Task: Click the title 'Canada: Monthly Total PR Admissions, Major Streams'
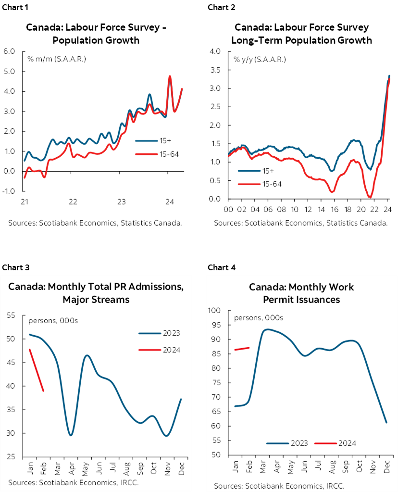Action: (96, 293)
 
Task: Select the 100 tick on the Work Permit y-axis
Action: (214, 311)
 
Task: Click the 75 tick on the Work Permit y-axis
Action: (216, 383)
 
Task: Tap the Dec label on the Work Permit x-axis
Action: (387, 466)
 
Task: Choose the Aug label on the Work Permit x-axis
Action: (331, 466)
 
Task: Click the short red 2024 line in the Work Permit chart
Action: (242, 349)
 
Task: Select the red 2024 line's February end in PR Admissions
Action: (43, 391)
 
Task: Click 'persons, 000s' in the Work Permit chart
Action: (258, 318)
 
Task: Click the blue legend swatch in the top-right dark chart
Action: (249, 170)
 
